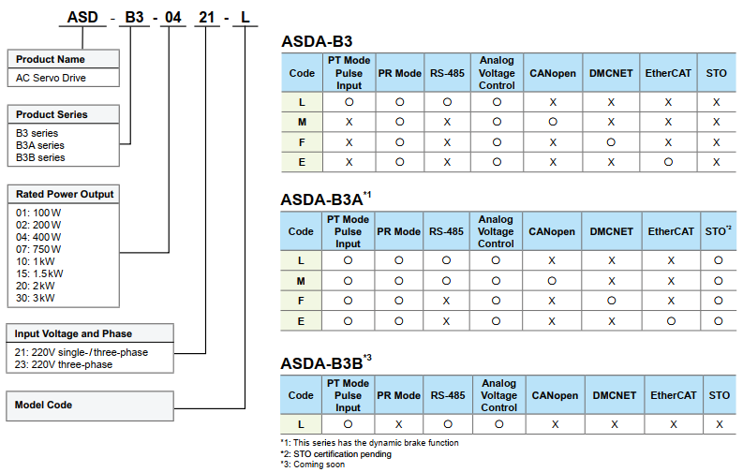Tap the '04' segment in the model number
[x=173, y=15]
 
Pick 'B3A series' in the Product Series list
[x=40, y=145]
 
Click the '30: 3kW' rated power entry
[x=36, y=298]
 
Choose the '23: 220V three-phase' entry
[x=64, y=364]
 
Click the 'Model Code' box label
[x=44, y=405]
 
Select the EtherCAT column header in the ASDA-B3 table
[x=670, y=72]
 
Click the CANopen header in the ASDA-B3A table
[x=552, y=231]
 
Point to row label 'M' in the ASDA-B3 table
[x=302, y=122]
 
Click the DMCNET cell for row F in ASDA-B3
[x=611, y=142]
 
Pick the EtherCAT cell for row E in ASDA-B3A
[x=670, y=321]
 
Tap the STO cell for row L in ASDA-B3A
[x=718, y=259]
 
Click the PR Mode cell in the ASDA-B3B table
[x=399, y=423]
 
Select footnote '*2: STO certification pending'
[x=335, y=454]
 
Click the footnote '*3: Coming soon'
[x=312, y=465]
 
